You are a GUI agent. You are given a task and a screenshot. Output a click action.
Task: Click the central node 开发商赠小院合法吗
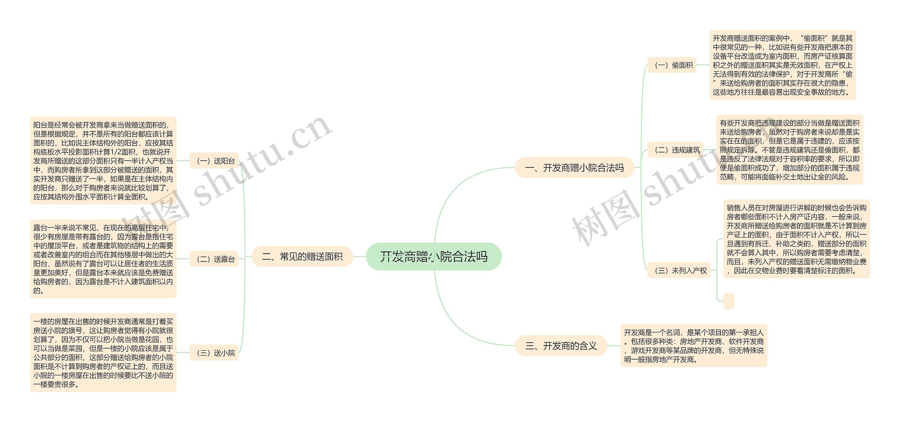click(x=433, y=257)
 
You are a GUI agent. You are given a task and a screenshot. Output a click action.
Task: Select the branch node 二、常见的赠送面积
click(x=302, y=257)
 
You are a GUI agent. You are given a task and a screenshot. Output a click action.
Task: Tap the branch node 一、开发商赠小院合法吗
click(x=574, y=168)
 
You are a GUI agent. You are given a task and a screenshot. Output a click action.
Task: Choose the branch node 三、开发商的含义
click(x=561, y=346)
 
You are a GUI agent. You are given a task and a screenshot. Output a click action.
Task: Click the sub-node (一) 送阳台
click(x=214, y=161)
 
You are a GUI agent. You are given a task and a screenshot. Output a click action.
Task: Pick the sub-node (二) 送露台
click(x=214, y=259)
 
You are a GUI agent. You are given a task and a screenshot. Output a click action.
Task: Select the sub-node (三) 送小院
click(x=214, y=353)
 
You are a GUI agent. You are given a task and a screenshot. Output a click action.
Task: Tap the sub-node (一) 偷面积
click(x=672, y=65)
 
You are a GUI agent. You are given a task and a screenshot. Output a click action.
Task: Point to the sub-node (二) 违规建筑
click(x=675, y=150)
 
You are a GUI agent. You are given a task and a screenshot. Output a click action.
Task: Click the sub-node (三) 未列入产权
click(x=679, y=271)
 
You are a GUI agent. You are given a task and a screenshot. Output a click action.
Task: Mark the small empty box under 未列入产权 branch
click(x=729, y=301)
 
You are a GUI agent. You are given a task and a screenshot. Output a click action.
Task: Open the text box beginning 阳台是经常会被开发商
click(x=103, y=161)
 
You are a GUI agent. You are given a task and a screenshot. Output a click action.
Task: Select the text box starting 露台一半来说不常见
click(x=103, y=259)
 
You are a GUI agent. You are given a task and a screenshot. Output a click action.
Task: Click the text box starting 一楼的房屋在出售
click(x=103, y=353)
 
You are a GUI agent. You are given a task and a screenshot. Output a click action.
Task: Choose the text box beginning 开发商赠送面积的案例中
click(x=783, y=65)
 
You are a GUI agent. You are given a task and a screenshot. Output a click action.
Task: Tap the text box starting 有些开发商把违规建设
click(x=790, y=150)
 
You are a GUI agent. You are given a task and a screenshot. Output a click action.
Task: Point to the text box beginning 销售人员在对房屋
click(x=797, y=239)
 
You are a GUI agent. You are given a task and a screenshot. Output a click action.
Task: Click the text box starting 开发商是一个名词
click(x=694, y=346)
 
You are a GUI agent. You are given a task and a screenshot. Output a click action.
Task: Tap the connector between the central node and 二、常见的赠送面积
click(x=359, y=257)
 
